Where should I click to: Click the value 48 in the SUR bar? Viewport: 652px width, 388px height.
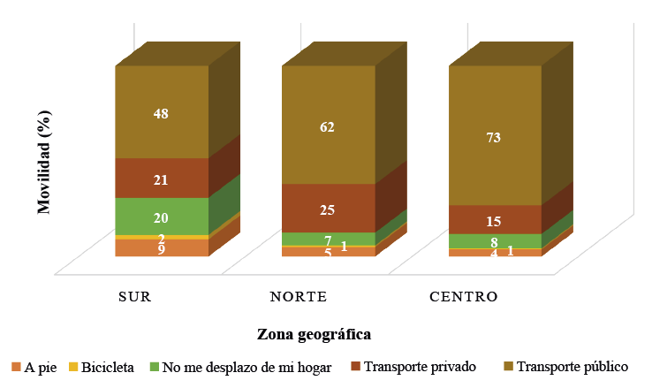coord(161,114)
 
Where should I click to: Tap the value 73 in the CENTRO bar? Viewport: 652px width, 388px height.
coord(495,137)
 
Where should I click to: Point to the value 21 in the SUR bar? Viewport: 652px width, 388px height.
coord(161,179)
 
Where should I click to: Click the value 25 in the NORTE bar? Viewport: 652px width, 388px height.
coord(328,209)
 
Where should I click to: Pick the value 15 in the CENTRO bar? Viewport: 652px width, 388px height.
coord(495,220)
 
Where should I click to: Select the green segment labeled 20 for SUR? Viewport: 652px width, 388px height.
coord(161,217)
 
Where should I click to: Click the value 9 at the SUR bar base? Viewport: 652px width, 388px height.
coord(161,250)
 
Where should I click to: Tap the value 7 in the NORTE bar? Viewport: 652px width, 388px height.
coord(328,240)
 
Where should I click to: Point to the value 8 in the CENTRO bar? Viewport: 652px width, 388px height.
coord(495,242)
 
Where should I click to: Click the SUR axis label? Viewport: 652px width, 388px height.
coord(135,295)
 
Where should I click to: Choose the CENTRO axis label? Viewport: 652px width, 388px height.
coord(463,295)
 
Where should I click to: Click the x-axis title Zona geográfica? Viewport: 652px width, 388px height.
coord(313,334)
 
